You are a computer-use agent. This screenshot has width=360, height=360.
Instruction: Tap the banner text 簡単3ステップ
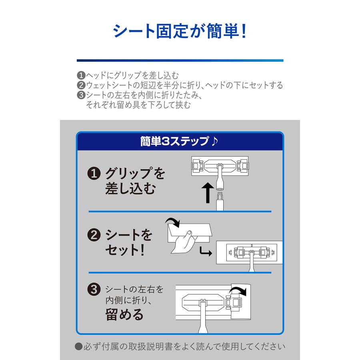(x=174, y=142)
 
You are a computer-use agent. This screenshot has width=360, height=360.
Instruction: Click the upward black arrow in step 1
(x=207, y=192)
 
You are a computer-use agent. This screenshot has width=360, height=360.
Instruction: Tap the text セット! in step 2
(x=124, y=251)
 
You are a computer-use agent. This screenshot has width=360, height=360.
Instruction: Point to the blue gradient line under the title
(x=180, y=60)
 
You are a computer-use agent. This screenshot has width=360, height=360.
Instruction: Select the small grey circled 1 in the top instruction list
(x=80, y=75)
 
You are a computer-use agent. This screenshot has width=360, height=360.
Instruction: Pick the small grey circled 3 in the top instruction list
(x=80, y=96)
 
